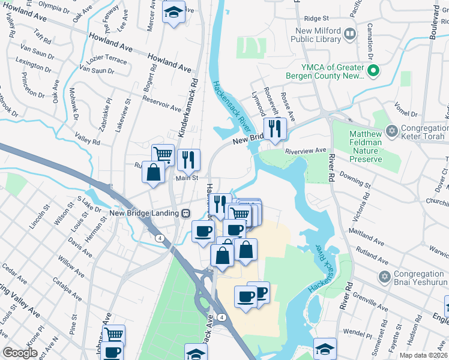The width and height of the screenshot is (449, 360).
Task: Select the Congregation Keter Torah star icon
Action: click(392, 130)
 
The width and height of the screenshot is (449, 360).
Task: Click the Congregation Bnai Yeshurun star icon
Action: click(384, 276)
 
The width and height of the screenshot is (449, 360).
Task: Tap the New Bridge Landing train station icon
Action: click(186, 213)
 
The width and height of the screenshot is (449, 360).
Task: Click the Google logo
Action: click(20, 353)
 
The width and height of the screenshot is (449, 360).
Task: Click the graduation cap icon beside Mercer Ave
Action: click(173, 12)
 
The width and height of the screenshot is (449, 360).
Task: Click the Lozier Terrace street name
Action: click(108, 61)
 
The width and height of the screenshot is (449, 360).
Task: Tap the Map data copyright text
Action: click(422, 355)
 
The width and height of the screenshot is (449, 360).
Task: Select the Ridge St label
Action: click(318, 19)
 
